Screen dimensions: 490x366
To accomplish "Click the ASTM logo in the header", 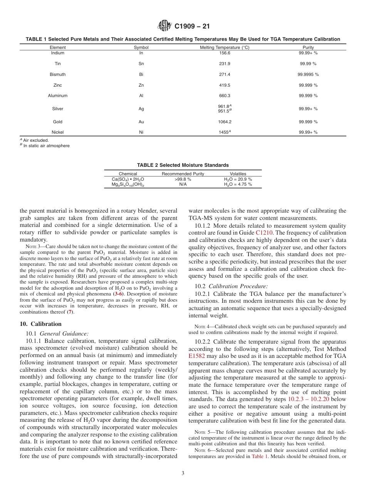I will (x=165, y=26).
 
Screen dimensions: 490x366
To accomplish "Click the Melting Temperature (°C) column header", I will (x=224, y=47).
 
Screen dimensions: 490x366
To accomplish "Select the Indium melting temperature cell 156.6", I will (x=224, y=53).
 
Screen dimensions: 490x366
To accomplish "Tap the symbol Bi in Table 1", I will (x=141, y=74).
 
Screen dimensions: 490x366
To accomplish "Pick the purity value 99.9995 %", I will (x=308, y=74).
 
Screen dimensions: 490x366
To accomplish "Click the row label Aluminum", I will (x=58, y=96).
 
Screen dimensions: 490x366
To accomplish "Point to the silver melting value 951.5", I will (x=224, y=111).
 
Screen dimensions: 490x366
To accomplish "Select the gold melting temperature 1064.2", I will (x=224, y=122).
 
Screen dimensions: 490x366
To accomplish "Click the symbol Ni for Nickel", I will (x=141, y=132).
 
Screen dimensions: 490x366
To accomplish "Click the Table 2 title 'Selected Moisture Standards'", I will (x=183, y=165).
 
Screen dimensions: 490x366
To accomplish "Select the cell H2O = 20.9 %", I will (x=238, y=179).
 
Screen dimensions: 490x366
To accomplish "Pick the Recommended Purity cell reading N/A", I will (x=183, y=184).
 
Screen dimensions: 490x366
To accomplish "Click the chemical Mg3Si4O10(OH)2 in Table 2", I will (x=128, y=185).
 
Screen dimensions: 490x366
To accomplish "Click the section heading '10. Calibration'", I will (x=40, y=324).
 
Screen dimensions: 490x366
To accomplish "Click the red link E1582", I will (x=196, y=356).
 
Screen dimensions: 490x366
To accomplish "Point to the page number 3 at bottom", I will (x=183, y=473).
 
